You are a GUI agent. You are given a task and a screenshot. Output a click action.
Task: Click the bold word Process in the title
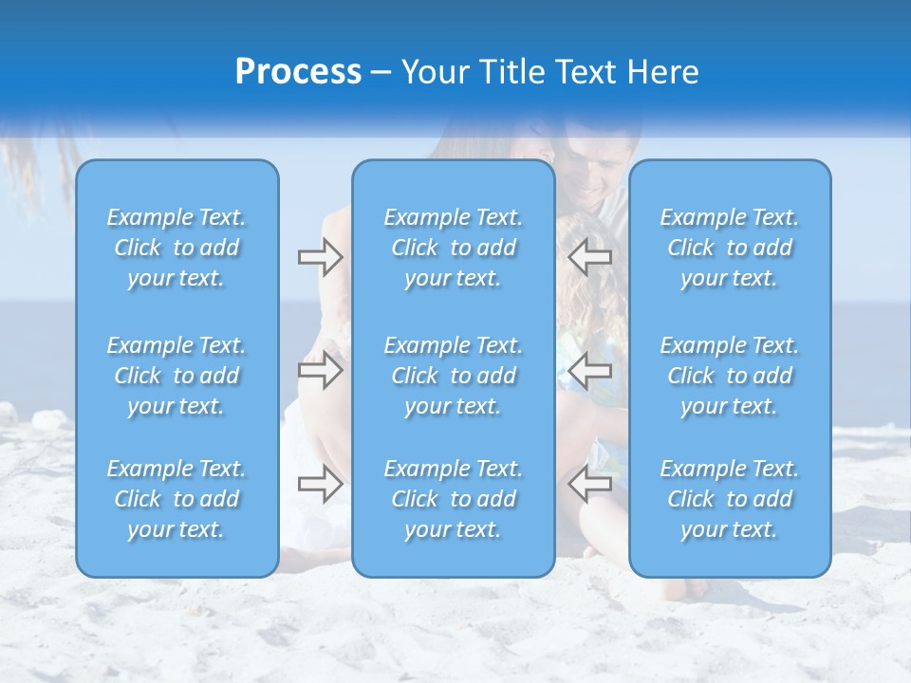click(x=298, y=72)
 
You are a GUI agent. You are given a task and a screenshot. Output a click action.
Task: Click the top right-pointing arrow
click(x=320, y=256)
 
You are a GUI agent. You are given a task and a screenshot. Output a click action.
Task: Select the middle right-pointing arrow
click(x=320, y=370)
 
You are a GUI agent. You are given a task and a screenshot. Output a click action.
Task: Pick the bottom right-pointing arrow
click(x=320, y=484)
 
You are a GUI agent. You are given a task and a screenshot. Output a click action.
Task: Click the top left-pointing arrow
click(x=589, y=256)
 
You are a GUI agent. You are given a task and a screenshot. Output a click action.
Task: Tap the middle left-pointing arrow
click(x=589, y=370)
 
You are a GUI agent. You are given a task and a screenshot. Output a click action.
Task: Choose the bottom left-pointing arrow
click(x=589, y=484)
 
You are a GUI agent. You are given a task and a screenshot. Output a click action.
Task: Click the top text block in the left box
click(x=177, y=248)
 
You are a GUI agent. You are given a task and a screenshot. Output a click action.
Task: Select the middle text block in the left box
click(x=177, y=376)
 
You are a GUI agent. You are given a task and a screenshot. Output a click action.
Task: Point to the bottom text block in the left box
click(x=177, y=499)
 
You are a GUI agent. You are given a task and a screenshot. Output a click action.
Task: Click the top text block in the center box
click(x=454, y=248)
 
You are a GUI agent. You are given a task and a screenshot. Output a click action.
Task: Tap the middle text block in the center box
click(x=454, y=376)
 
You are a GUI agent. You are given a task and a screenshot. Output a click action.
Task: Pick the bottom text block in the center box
click(x=454, y=499)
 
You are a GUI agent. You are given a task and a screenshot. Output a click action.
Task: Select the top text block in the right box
click(x=730, y=248)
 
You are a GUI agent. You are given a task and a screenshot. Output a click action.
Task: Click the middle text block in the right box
click(x=730, y=376)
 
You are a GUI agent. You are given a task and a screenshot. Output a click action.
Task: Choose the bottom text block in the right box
click(x=730, y=499)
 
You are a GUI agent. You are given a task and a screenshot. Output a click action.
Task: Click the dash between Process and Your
click(x=381, y=74)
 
